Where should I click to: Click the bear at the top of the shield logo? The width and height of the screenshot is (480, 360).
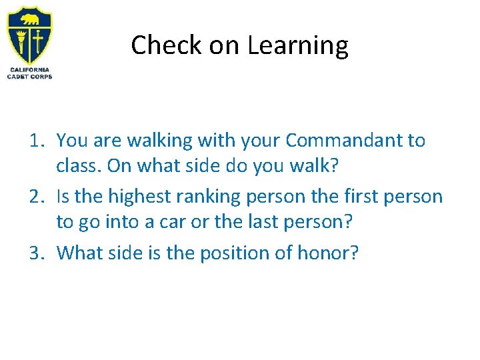pyautogui.click(x=29, y=16)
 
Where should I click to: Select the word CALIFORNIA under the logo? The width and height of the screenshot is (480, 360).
pyautogui.click(x=29, y=70)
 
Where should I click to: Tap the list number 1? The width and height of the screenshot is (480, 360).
pyautogui.click(x=36, y=141)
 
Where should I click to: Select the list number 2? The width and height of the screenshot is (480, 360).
pyautogui.click(x=36, y=197)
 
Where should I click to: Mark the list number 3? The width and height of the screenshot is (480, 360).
pyautogui.click(x=36, y=253)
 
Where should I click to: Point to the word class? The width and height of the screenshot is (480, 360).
pyautogui.click(x=79, y=165)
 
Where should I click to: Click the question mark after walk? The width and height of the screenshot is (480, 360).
pyautogui.click(x=335, y=165)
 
